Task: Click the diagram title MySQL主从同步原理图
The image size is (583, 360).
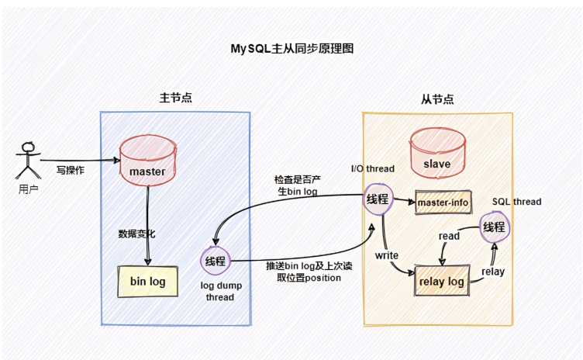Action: coord(291,49)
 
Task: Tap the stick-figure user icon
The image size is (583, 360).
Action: coord(28,160)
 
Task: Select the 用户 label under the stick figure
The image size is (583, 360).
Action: coord(28,189)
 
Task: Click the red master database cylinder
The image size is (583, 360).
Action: coord(148,161)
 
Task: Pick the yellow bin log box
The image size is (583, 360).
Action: coord(147,282)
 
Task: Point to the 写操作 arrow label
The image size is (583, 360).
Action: coord(71,171)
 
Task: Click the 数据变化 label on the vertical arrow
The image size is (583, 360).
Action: coord(136,234)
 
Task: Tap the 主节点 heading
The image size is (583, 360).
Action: coord(175,98)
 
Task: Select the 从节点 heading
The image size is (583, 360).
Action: coord(437,99)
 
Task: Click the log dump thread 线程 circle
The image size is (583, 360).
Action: coord(216,261)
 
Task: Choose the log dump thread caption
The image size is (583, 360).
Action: coord(221,291)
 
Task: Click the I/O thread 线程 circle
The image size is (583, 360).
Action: coord(378,199)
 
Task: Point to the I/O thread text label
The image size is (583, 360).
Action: coord(373,168)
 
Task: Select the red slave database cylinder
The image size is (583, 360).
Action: coord(437,152)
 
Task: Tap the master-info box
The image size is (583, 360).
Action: coord(443,202)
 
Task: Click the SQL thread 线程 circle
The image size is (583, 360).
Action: coord(494,227)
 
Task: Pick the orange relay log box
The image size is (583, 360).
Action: coord(442,281)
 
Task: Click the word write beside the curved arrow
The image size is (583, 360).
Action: coord(387,255)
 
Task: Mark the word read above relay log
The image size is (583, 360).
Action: coord(449,236)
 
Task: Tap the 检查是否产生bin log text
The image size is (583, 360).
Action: coord(298,185)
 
